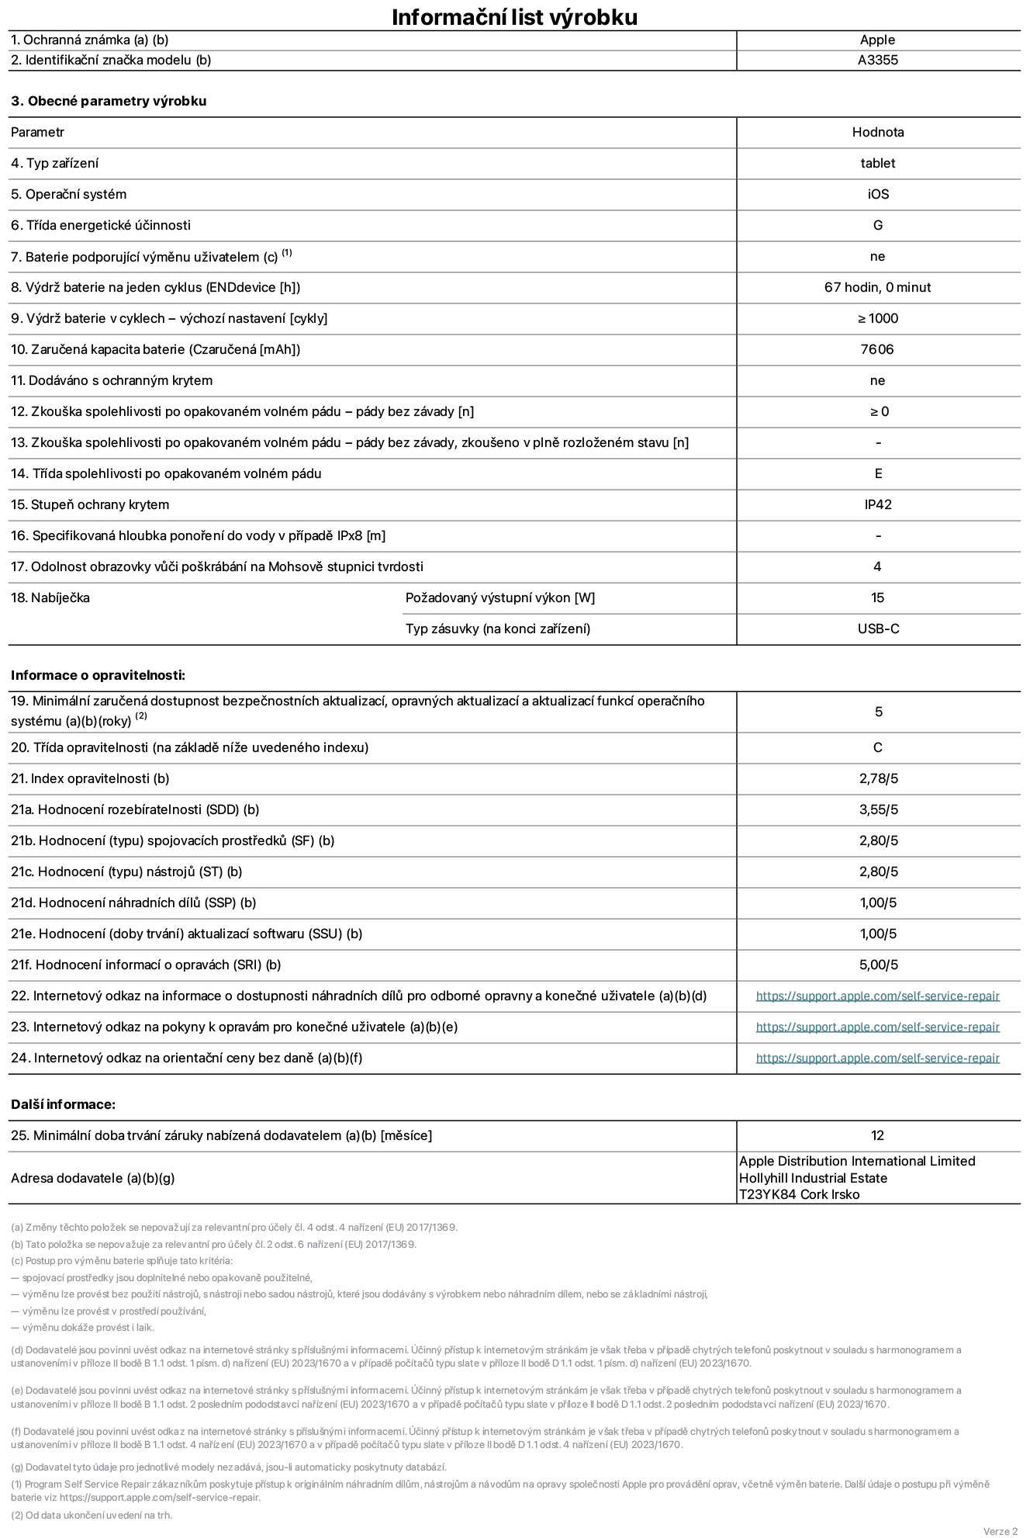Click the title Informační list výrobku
tap(514, 17)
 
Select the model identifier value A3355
tap(877, 61)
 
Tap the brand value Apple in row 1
tap(877, 40)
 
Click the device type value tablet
tap(877, 164)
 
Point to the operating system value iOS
tap(877, 195)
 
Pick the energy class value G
tap(877, 226)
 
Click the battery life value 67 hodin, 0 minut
tap(877, 288)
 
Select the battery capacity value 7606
tap(877, 350)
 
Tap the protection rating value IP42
tap(877, 505)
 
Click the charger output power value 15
tap(877, 598)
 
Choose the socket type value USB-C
tap(877, 629)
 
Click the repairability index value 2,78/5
tap(878, 779)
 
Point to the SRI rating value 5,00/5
tap(878, 965)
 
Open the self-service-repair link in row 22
tap(877, 996)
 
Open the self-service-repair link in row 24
tap(877, 1058)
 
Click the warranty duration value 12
tap(877, 1136)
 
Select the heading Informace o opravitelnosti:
tap(99, 676)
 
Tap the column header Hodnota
tap(877, 133)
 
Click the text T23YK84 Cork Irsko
tap(799, 1195)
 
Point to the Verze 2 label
tap(1000, 1531)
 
